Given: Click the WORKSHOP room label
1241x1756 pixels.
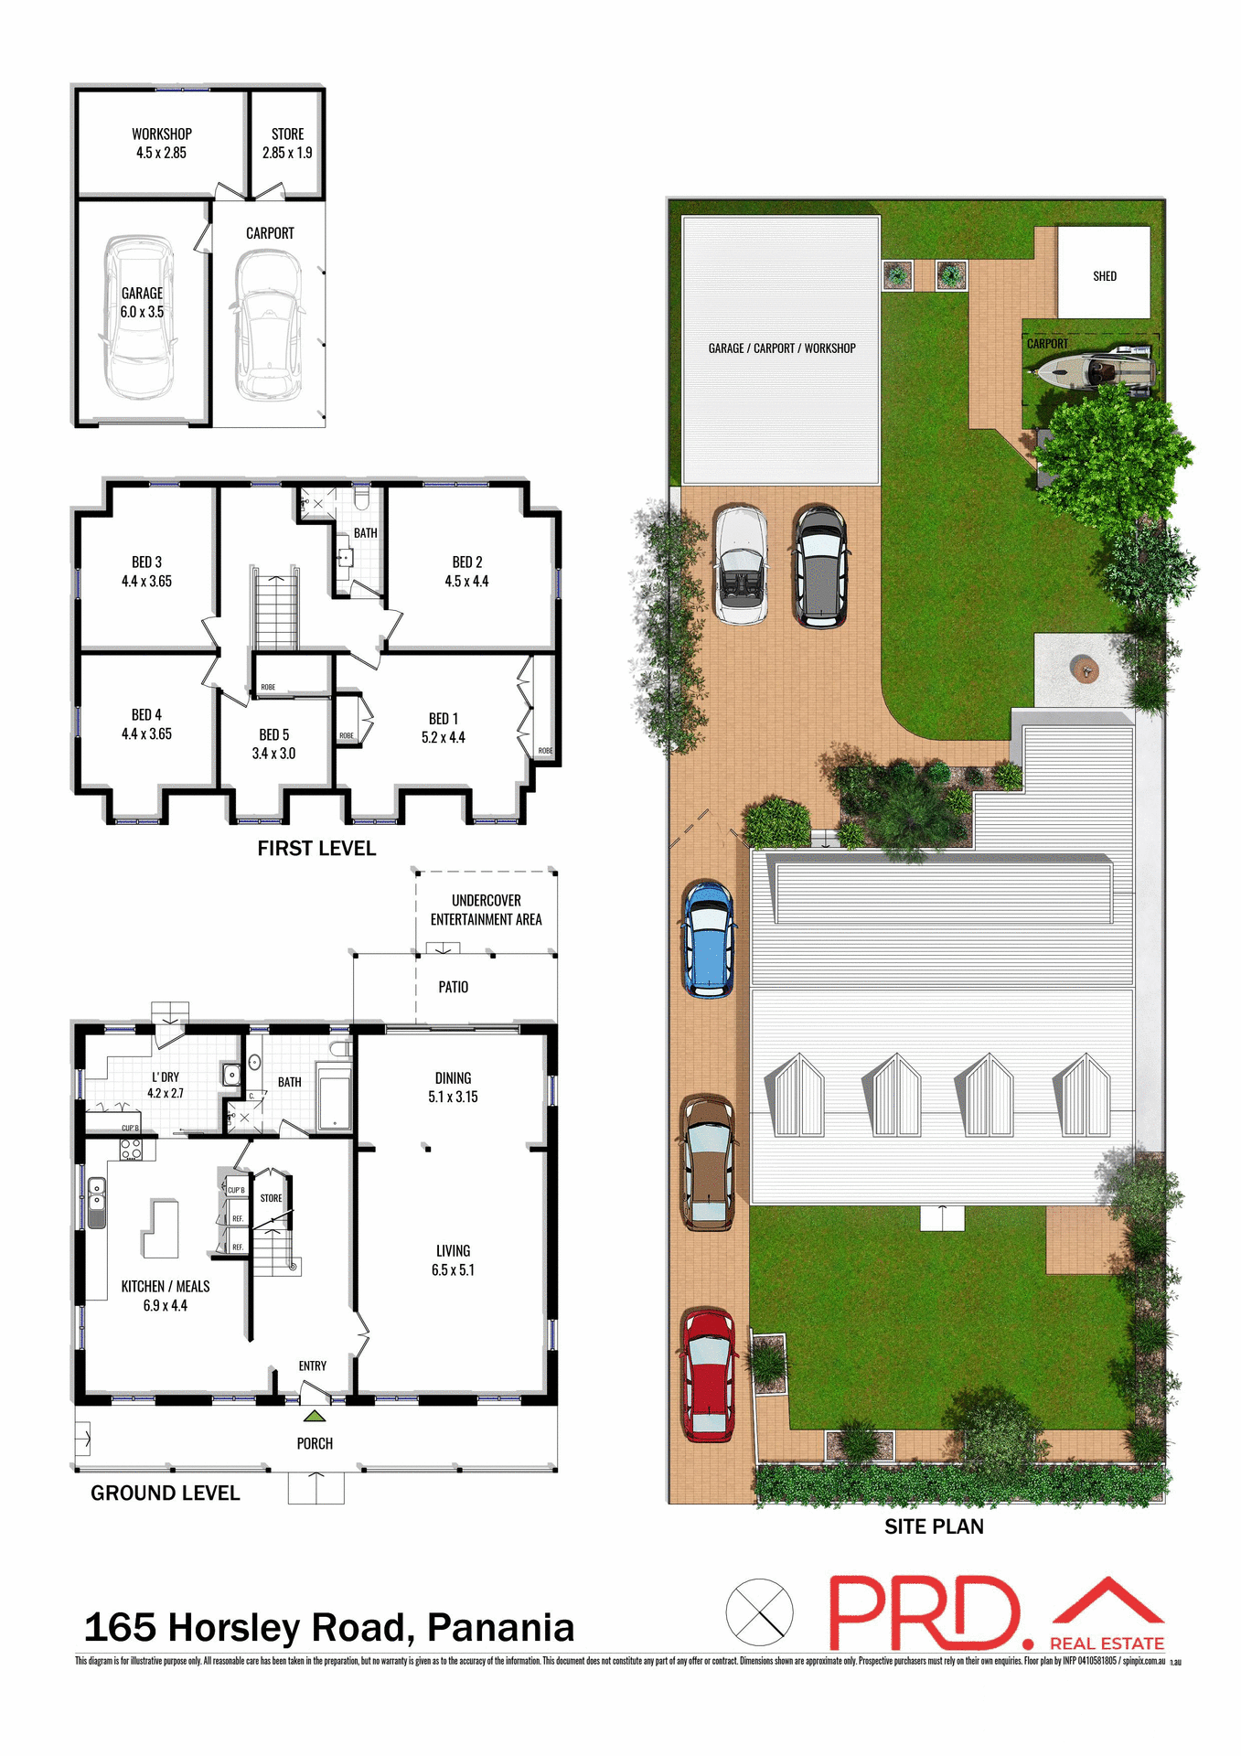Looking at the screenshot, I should [x=162, y=134].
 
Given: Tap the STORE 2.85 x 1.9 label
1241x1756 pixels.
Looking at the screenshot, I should [x=287, y=144].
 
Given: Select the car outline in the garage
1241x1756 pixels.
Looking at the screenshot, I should [x=139, y=317].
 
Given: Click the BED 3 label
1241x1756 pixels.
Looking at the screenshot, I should [x=146, y=562].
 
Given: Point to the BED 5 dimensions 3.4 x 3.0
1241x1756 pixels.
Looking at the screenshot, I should [x=273, y=754].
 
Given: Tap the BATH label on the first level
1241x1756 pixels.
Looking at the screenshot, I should [x=365, y=532].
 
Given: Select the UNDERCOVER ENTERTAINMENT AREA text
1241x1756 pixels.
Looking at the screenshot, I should [x=486, y=910].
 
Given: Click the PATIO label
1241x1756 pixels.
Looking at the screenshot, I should [x=453, y=987].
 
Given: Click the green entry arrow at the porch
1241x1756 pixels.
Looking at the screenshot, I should [x=315, y=1416].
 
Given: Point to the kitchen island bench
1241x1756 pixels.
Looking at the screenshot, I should [x=161, y=1229].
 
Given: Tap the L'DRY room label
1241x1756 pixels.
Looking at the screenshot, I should [x=166, y=1076].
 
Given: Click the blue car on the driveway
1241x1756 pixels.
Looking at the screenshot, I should [x=709, y=938].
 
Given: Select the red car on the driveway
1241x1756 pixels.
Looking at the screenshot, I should [x=709, y=1375].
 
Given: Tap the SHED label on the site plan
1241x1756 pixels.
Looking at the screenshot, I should [x=1104, y=275].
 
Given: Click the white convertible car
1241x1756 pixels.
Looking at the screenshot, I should [x=741, y=565].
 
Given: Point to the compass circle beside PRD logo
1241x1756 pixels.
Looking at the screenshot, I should [x=759, y=1612].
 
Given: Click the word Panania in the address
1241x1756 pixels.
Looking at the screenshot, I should [x=500, y=1628].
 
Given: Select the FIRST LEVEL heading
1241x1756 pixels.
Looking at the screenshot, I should [x=316, y=849].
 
